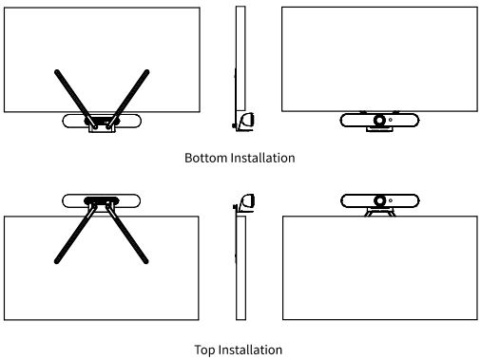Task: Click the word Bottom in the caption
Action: tap(206, 158)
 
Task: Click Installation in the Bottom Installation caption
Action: tap(262, 158)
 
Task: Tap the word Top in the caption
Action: tap(204, 351)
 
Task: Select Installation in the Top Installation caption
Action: tap(250, 350)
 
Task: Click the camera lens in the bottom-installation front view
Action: tap(379, 121)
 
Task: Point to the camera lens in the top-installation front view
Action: tap(379, 200)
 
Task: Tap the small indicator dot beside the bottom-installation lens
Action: tap(391, 120)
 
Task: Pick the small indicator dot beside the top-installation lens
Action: tap(391, 200)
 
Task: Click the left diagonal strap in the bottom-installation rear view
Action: tap(75, 98)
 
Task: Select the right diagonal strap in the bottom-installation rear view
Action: tap(128, 98)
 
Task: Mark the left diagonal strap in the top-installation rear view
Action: tap(75, 235)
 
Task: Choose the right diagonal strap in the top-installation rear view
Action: tap(127, 235)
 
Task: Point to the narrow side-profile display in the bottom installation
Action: tap(240, 59)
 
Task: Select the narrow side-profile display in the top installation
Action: tap(240, 268)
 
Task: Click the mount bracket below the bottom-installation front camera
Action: tap(379, 129)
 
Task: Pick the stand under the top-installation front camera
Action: tap(380, 212)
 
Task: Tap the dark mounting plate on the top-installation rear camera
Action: tap(102, 200)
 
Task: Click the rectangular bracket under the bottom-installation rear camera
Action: tap(102, 128)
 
